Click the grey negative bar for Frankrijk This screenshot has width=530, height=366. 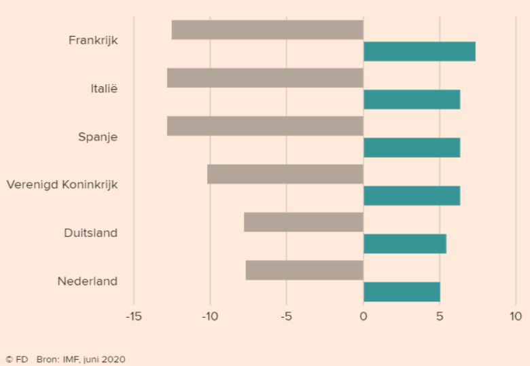point(267,30)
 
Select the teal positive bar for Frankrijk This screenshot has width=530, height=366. point(419,52)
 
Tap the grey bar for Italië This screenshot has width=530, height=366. point(265,78)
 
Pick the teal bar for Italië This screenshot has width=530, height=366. point(412,99)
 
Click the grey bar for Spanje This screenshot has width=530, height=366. point(265,126)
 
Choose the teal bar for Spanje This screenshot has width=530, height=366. point(412,147)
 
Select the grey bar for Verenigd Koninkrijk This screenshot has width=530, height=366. point(285,175)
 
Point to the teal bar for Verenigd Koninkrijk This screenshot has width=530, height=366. point(412,196)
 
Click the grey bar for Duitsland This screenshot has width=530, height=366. point(304,222)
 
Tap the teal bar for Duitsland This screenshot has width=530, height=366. point(405,244)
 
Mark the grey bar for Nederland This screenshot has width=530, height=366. point(304,270)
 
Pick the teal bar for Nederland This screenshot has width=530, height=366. point(402,292)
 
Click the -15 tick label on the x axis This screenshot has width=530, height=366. point(133,316)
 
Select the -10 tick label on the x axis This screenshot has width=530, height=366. point(210,316)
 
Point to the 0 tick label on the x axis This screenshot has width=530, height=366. point(364,316)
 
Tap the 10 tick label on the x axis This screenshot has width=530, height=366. point(516,316)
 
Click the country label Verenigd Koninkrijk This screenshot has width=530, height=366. point(62,185)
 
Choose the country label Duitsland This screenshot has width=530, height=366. point(90,233)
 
